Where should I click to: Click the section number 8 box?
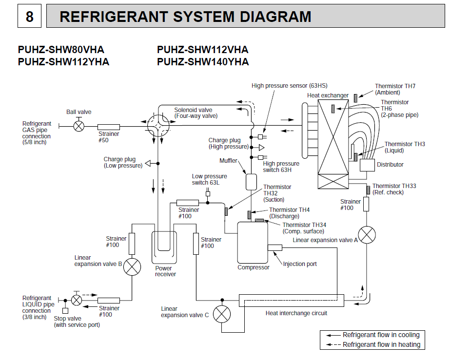(x=29, y=17)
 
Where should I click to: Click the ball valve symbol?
(x=78, y=126)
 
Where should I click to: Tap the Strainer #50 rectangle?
(x=109, y=127)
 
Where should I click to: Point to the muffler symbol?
(x=251, y=182)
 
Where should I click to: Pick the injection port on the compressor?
(x=275, y=248)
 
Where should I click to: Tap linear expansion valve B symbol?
(x=132, y=267)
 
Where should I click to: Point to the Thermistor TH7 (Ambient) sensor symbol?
(x=356, y=95)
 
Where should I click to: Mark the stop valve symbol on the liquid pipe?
(x=77, y=300)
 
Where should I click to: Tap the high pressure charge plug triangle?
(x=261, y=147)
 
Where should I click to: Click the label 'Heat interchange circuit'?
(x=296, y=313)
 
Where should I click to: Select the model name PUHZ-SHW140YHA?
(x=203, y=62)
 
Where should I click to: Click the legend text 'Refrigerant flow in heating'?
(x=381, y=344)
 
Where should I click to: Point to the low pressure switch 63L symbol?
(x=208, y=194)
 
